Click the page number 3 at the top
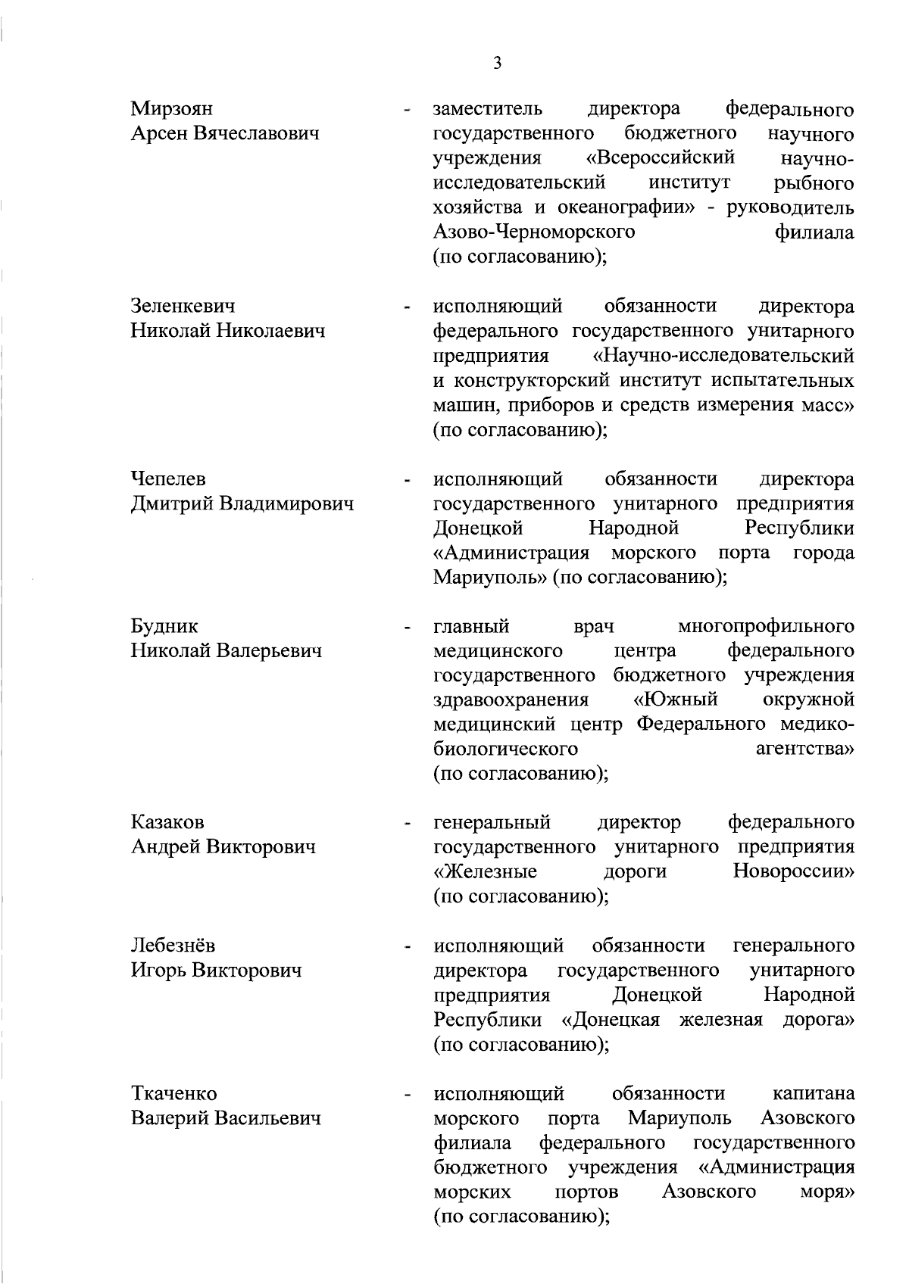coord(497,64)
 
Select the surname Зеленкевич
coord(183,307)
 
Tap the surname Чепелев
coord(167,479)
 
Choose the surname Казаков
coord(167,822)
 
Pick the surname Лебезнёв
coord(173,946)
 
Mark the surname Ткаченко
coord(174,1094)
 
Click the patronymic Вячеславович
coord(257,134)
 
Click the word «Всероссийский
coord(661,158)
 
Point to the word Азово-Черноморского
coord(534,232)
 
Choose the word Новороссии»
coord(793,871)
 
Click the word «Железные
coord(485,871)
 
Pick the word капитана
coord(814,1094)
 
